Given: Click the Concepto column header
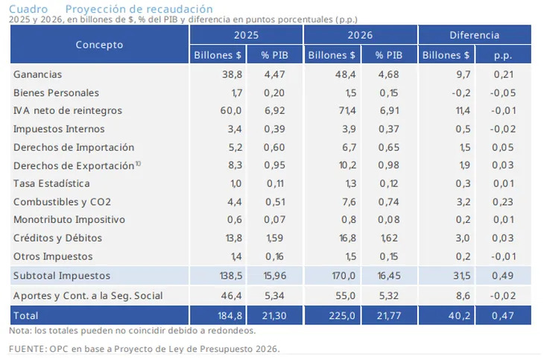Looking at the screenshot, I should [x=99, y=45].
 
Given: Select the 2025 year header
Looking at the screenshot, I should [x=246, y=35].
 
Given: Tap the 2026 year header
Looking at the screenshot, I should [x=360, y=35].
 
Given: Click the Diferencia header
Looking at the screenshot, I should [x=475, y=35].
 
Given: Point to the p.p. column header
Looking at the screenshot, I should [x=503, y=55].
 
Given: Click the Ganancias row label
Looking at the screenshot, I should [x=37, y=75].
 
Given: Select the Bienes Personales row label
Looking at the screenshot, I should [x=56, y=93].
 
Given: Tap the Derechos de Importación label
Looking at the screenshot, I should [x=74, y=148].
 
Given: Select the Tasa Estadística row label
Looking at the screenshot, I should [x=52, y=183].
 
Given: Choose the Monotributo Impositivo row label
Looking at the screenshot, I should [x=69, y=220].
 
